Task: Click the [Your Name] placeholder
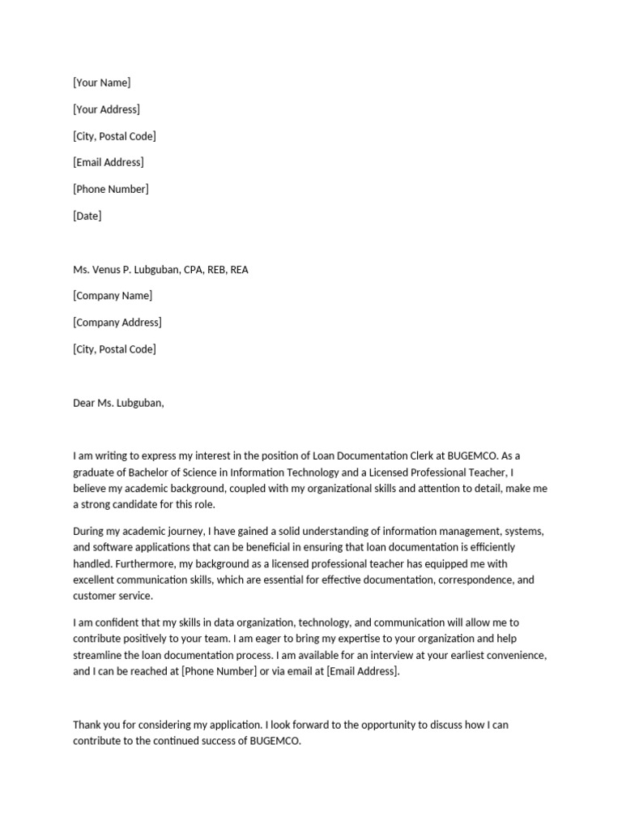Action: coord(101,83)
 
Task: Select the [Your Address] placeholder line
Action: coord(106,109)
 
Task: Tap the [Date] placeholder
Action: coord(87,216)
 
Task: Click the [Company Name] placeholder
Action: coord(113,296)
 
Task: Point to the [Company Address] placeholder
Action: coord(117,323)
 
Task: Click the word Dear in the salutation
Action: coord(84,403)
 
